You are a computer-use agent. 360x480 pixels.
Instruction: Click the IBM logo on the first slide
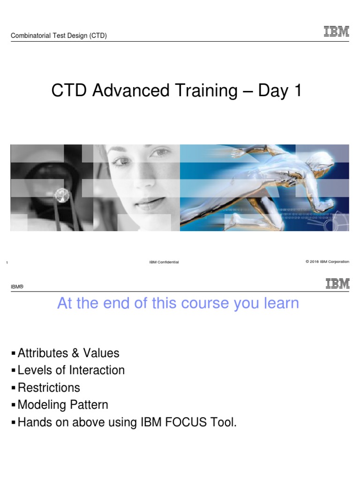[336, 31]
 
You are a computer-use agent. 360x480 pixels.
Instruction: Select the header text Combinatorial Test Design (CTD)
[59, 36]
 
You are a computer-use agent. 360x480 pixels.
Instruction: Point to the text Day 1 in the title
[278, 91]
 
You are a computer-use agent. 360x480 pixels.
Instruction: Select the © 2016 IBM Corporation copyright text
[327, 262]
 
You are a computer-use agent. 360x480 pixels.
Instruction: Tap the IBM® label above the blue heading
[17, 286]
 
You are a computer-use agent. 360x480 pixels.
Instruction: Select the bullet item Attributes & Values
[68, 352]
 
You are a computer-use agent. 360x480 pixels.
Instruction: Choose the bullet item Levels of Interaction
[71, 370]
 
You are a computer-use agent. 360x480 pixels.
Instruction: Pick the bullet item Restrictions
[49, 388]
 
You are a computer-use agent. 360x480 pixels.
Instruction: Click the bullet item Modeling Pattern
[63, 405]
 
